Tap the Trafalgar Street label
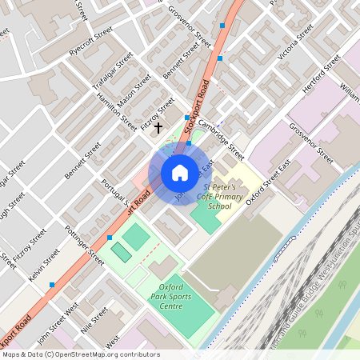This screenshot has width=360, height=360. pyautogui.click(x=113, y=71)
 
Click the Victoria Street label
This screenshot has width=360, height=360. pyautogui.click(x=295, y=43)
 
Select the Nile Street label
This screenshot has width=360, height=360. pyautogui.click(x=94, y=321)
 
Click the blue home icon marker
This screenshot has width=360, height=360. pyautogui.click(x=179, y=172)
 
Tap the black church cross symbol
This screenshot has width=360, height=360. pyautogui.click(x=158, y=126)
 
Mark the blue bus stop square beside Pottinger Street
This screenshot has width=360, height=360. pyautogui.click(x=110, y=238)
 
